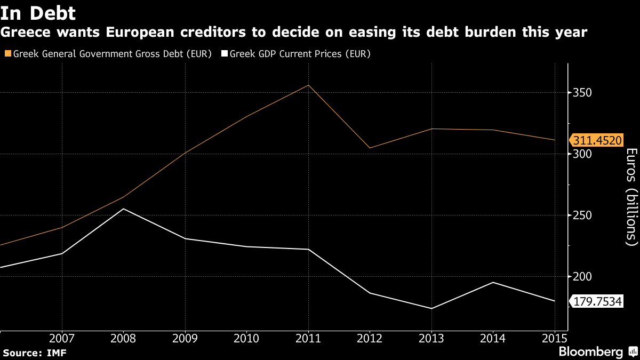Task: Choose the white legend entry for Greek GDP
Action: pos(296,54)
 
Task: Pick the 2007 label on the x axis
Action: pos(62,338)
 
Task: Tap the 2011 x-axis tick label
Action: pos(308,338)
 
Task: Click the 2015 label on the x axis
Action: pos(555,338)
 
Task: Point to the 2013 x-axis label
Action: pos(431,338)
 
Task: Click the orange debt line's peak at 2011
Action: pos(308,85)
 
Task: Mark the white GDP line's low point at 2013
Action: pos(431,308)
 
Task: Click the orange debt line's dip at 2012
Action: pos(370,148)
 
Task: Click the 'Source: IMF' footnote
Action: pos(35,353)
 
